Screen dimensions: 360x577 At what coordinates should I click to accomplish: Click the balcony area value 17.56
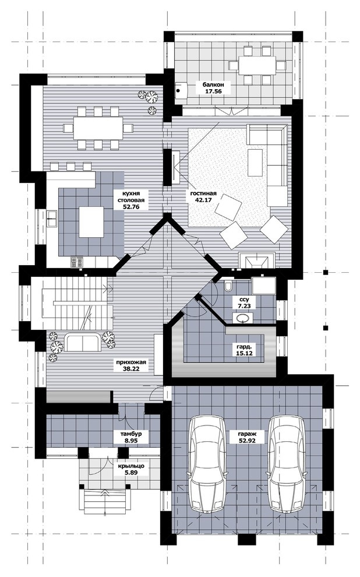(213, 92)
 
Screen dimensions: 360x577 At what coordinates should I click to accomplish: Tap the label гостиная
(203, 193)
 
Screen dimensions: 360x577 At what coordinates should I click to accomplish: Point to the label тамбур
(131, 434)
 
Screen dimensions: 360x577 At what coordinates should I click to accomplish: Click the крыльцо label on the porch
(131, 466)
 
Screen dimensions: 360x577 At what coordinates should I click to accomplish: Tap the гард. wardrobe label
(243, 347)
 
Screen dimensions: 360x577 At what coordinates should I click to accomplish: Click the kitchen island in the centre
(91, 221)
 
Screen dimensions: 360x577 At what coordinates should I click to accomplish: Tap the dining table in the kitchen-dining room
(98, 128)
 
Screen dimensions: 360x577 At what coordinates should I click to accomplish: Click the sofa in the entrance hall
(83, 342)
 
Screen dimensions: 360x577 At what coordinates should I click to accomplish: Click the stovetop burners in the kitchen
(77, 262)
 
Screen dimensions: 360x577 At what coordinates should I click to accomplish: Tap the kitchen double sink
(52, 218)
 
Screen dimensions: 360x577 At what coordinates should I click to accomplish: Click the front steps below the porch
(107, 502)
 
